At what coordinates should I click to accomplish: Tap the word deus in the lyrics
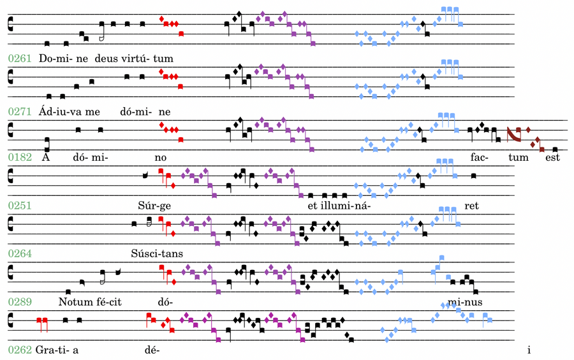click(x=107, y=59)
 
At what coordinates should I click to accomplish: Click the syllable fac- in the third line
click(x=479, y=157)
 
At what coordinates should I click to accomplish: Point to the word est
click(x=552, y=157)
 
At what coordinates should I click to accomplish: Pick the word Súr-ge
click(x=153, y=206)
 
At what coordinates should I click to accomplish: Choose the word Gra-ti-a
click(x=56, y=350)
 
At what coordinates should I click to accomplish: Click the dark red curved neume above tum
click(x=512, y=135)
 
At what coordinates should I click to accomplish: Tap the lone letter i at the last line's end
click(x=529, y=350)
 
